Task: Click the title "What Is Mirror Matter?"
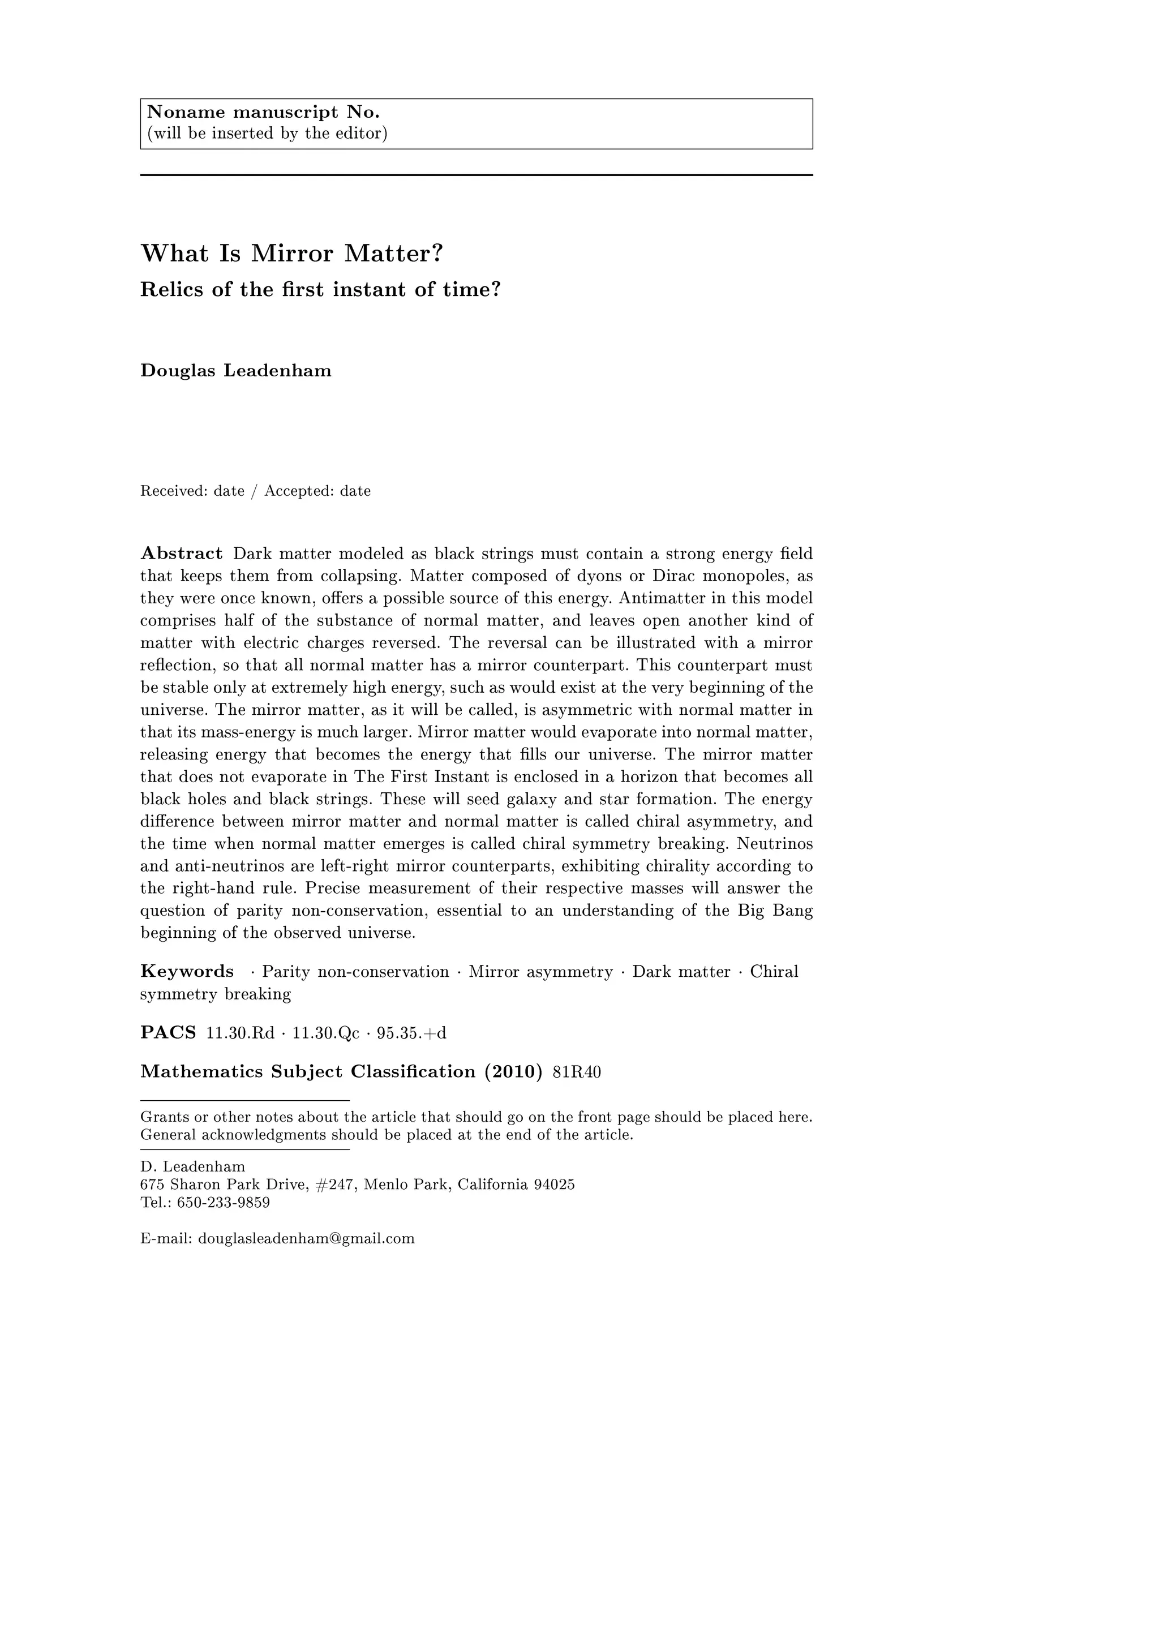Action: [x=292, y=254]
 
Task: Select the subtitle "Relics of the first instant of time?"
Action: [x=320, y=290]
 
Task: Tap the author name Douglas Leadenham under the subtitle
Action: [x=235, y=371]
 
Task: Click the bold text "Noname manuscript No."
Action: [x=263, y=113]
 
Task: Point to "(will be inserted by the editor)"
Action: [x=267, y=134]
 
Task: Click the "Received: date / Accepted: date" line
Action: [x=255, y=491]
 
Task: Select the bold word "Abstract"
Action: [x=181, y=554]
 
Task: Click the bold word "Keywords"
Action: [x=187, y=972]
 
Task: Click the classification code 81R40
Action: [x=577, y=1072]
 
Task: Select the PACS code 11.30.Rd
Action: [x=240, y=1033]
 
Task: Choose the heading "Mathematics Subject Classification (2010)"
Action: [x=341, y=1072]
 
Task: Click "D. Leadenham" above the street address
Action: [x=192, y=1166]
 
